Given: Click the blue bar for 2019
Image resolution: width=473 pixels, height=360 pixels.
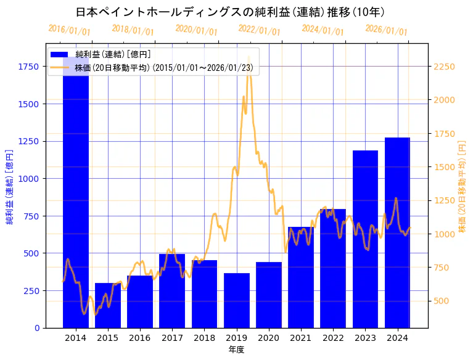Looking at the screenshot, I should tap(237, 300).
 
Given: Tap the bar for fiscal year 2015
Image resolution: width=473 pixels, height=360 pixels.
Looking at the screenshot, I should tap(108, 305).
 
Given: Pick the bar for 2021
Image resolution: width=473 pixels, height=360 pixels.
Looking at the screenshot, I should tap(301, 277).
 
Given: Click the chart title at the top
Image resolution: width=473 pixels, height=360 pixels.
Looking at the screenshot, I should tap(231, 12).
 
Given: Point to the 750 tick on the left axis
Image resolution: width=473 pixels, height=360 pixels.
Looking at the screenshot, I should tap(31, 216).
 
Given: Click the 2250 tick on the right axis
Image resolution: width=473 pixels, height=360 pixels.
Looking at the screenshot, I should tap(445, 67).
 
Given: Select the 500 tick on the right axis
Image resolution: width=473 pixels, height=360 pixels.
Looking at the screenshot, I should tap(442, 301).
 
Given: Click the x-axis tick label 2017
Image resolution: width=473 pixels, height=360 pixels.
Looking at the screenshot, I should tap(172, 338).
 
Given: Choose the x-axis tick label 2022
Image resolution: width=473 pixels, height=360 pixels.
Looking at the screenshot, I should tap(333, 338).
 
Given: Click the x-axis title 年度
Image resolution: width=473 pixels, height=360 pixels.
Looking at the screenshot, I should tap(236, 350).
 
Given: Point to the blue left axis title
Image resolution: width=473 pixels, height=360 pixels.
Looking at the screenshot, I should tap(10, 186).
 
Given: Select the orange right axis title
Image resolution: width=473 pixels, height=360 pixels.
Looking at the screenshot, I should tap(462, 186).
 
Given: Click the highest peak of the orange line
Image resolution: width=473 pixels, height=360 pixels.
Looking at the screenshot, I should tap(249, 57).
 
